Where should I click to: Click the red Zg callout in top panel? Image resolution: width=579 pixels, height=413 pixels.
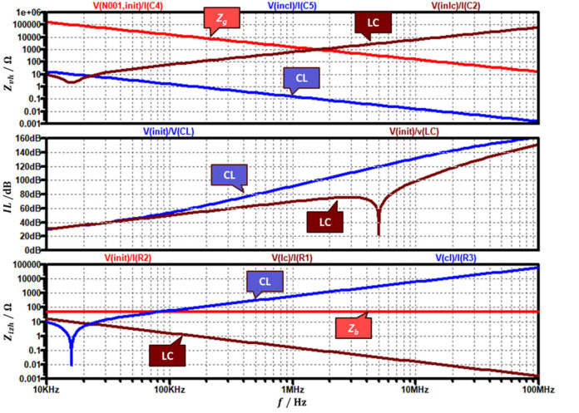(x=218, y=18)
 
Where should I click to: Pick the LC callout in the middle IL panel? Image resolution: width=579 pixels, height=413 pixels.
(x=325, y=221)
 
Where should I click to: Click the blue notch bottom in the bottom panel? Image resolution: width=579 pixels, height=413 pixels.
(x=72, y=362)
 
